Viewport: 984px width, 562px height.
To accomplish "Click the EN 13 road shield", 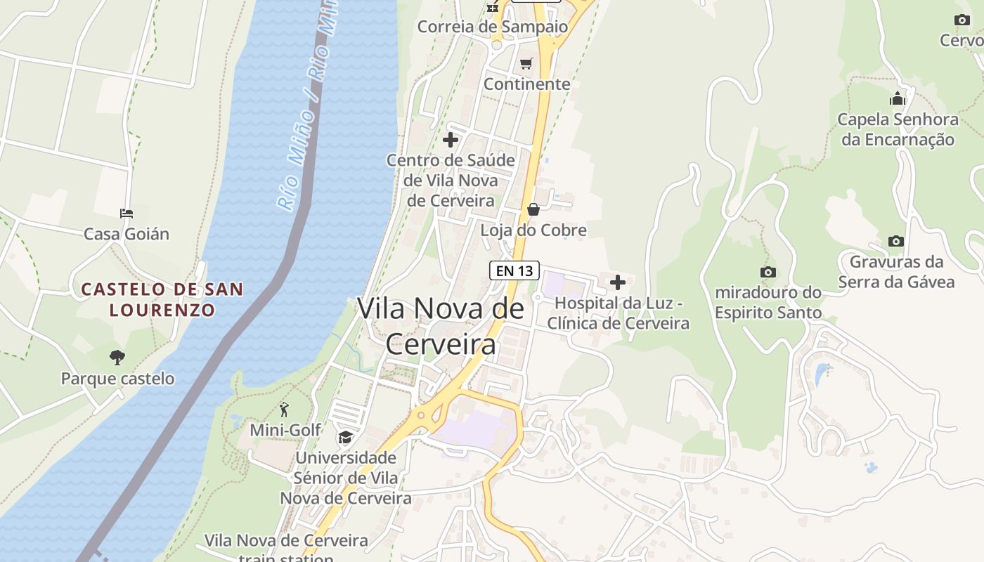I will click(x=514, y=270).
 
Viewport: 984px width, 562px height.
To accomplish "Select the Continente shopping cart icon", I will click(x=526, y=64).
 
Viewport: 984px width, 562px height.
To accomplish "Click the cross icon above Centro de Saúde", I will click(x=451, y=140).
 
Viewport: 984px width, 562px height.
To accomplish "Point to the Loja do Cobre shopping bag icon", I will click(x=533, y=209).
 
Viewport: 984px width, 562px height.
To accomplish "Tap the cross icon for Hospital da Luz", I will click(x=618, y=282).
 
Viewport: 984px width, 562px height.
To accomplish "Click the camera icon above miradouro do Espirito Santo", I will click(x=768, y=272).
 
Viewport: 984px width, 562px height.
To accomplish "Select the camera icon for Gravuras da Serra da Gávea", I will click(x=895, y=241).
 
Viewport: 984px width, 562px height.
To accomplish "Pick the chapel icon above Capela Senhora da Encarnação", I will click(x=898, y=98).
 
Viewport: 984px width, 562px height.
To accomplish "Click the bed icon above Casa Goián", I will click(x=127, y=213).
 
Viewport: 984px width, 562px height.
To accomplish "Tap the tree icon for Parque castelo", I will click(x=117, y=358).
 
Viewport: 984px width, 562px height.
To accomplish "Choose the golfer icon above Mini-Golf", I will click(x=284, y=410).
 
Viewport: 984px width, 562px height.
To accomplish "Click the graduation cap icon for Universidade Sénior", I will click(x=345, y=438).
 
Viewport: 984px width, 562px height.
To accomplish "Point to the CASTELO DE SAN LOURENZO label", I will click(x=162, y=299).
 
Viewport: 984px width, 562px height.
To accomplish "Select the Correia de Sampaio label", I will click(x=492, y=27).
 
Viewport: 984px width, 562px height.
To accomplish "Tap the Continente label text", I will click(x=527, y=84).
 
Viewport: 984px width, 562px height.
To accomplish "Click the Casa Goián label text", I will click(x=127, y=234).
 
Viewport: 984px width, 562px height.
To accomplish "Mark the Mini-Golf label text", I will click(x=285, y=430).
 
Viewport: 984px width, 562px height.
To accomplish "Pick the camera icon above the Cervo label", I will click(x=962, y=20).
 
